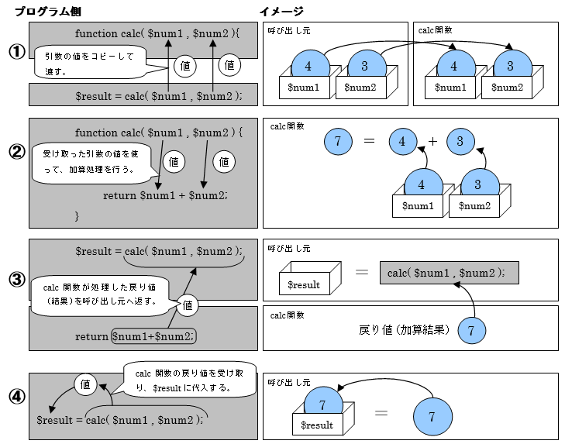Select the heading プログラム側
tap(47, 11)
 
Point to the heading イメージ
tap(281, 11)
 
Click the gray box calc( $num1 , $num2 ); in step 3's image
tap(449, 273)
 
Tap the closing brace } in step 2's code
tap(77, 215)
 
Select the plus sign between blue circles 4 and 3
tap(432, 141)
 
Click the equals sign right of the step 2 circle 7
tap(369, 141)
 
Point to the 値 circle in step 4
tap(85, 384)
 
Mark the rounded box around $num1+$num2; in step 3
tap(154, 336)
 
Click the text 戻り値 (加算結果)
tap(404, 330)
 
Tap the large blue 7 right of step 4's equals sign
tap(431, 416)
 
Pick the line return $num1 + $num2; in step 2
tap(165, 195)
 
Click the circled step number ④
tap(16, 397)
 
